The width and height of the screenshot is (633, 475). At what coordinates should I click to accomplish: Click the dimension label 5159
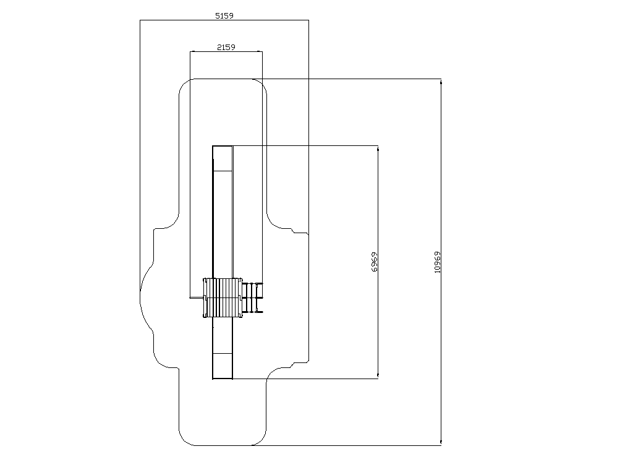(224, 15)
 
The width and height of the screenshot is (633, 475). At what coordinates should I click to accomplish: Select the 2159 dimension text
(226, 47)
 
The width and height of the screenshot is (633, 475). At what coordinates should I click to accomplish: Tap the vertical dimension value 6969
(374, 262)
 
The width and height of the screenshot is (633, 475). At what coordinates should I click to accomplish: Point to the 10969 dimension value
(437, 262)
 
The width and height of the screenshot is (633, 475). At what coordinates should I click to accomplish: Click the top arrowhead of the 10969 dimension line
(441, 82)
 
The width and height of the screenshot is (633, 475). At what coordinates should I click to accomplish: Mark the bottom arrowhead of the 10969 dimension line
(441, 442)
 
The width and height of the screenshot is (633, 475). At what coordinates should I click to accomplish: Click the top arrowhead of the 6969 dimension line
(378, 148)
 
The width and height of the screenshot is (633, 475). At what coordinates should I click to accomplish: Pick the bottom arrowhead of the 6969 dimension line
(378, 375)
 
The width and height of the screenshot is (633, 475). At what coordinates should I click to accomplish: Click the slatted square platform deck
(223, 297)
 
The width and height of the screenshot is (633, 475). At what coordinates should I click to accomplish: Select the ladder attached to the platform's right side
(253, 297)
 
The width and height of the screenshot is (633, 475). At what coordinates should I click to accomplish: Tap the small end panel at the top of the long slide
(223, 158)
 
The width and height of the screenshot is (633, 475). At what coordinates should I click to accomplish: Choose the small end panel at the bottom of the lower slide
(223, 366)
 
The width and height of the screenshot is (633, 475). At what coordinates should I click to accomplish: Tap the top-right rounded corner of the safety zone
(261, 83)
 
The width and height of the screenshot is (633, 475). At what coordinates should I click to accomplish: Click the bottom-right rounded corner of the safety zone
(261, 440)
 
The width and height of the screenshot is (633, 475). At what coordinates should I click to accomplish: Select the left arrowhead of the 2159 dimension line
(193, 52)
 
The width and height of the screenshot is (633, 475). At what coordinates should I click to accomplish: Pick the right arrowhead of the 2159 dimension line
(259, 52)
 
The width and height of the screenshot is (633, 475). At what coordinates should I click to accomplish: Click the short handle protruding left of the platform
(197, 298)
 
